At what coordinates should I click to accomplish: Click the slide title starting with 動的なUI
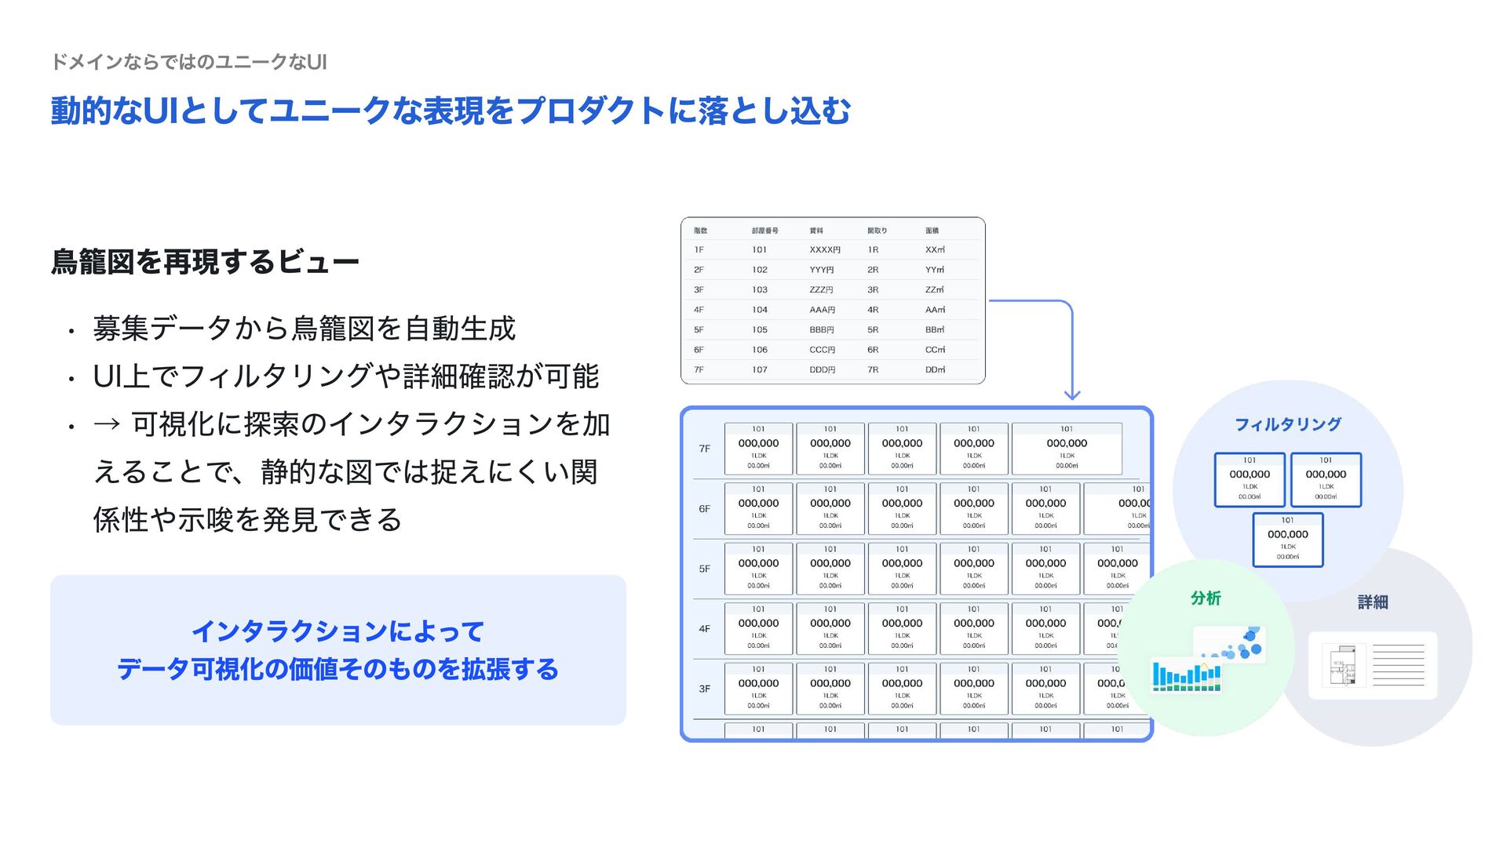coord(451,111)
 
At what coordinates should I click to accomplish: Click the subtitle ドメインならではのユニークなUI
coord(188,62)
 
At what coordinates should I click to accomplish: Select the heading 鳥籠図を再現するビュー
coord(205,262)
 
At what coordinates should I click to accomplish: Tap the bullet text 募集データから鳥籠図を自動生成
coord(304,329)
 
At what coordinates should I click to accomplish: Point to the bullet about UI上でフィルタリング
coord(345,376)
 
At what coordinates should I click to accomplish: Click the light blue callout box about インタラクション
coord(338,649)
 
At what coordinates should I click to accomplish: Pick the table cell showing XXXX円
coord(824,250)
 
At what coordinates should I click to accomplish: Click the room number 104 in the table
coord(759,310)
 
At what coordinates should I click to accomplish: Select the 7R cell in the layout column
coord(873,369)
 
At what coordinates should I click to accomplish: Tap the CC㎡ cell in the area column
coord(935,350)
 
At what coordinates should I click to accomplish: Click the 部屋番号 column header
coord(764,231)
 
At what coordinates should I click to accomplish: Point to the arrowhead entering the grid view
coord(1072,394)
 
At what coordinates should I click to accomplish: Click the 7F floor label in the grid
coord(704,449)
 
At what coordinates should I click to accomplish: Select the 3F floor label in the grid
coord(704,689)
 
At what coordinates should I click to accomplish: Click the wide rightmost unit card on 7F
coord(1067,449)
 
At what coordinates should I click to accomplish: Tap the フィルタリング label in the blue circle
coord(1288,424)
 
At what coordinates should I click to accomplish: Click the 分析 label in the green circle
coord(1206,598)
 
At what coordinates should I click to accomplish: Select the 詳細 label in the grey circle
coord(1373,602)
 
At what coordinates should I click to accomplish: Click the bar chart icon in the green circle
coord(1186,677)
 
